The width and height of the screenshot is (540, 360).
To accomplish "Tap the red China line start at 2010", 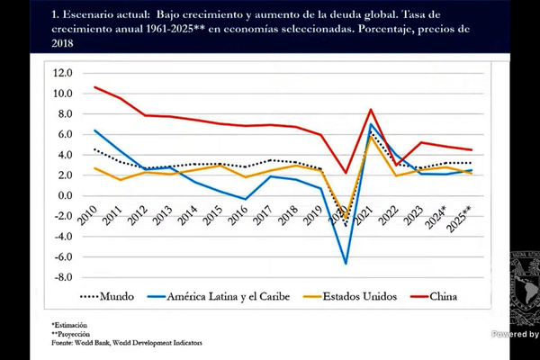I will [x=94, y=87].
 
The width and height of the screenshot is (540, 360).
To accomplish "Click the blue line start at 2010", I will [x=94, y=130].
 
